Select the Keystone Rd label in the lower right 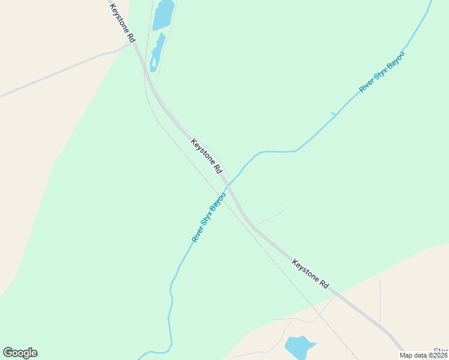tap(310, 274)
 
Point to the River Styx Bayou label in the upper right tap(382, 72)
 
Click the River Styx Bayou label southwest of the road tap(208, 217)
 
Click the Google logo tap(20, 353)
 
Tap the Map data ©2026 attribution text tap(423, 355)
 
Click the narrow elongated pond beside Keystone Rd tap(157, 52)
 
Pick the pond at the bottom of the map tap(299, 347)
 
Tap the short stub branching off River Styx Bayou tap(334, 114)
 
